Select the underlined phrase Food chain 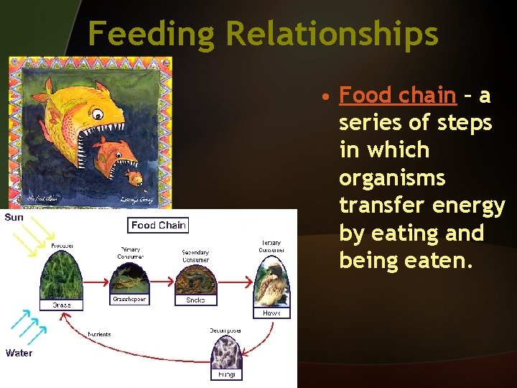pyautogui.click(x=397, y=95)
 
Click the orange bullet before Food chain pyautogui.click(x=326, y=97)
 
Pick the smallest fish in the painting pyautogui.click(x=134, y=177)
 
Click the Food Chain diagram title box pyautogui.click(x=158, y=225)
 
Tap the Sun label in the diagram pyautogui.click(x=14, y=216)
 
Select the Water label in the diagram pyautogui.click(x=19, y=353)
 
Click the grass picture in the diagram pyautogui.click(x=61, y=276)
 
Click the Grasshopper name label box pyautogui.click(x=130, y=299)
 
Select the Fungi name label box pyautogui.click(x=226, y=374)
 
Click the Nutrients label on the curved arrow pyautogui.click(x=99, y=334)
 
